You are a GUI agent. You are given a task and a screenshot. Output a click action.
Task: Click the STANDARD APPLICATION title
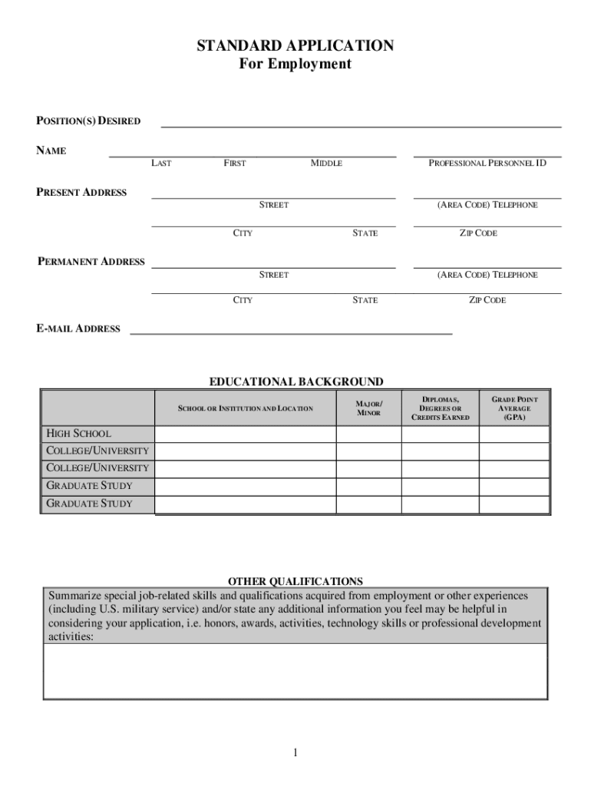click(x=295, y=46)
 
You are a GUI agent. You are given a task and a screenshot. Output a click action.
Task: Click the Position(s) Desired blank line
click(x=360, y=123)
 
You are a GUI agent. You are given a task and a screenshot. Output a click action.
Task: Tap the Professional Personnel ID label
click(x=487, y=163)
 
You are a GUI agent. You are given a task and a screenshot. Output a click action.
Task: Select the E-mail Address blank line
click(x=291, y=331)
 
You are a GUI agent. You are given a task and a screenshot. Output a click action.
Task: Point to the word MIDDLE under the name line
click(x=326, y=163)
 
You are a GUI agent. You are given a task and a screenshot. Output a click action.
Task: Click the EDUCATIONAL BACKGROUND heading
click(x=296, y=381)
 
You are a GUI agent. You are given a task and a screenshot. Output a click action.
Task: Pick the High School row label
click(x=79, y=434)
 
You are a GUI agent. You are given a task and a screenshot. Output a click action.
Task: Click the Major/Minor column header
click(x=368, y=408)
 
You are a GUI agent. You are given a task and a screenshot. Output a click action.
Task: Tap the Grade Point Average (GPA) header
click(x=514, y=408)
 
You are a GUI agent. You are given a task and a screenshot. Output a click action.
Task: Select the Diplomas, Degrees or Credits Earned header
click(x=440, y=408)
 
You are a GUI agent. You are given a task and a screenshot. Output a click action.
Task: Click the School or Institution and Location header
click(x=246, y=408)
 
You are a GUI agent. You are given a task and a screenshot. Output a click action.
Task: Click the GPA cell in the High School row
click(x=514, y=434)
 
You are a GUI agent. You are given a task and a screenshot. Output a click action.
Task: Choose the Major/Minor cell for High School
click(x=368, y=434)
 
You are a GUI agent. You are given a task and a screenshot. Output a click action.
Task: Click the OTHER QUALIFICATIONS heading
click(x=295, y=581)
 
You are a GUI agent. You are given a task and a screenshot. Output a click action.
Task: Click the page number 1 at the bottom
click(x=295, y=753)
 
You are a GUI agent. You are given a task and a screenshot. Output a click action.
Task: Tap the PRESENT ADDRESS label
click(x=82, y=193)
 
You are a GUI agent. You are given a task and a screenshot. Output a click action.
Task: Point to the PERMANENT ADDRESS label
click(x=91, y=262)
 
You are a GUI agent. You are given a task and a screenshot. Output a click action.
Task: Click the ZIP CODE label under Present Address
click(x=478, y=233)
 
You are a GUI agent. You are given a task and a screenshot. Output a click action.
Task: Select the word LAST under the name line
click(x=161, y=163)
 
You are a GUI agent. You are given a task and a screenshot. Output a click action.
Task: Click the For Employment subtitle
click(x=295, y=64)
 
